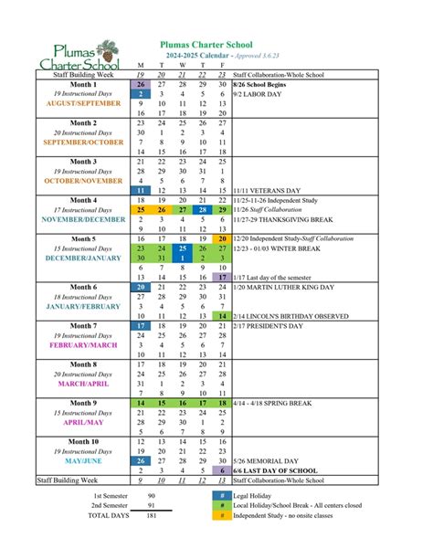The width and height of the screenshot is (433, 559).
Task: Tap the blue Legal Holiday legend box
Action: pyautogui.click(x=222, y=520)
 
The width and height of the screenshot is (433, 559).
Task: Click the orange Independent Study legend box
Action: pyautogui.click(x=222, y=541)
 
